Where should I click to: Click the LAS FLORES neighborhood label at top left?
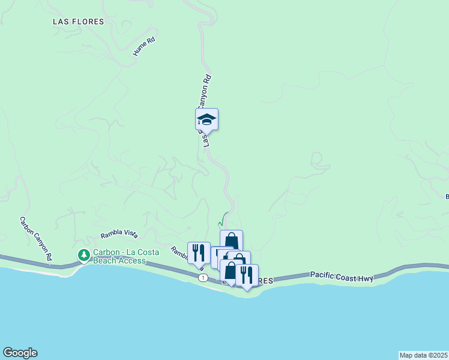[x=78, y=22]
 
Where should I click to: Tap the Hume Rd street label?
[x=144, y=48]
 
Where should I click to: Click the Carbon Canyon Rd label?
[x=37, y=239]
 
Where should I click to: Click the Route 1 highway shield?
[x=204, y=277]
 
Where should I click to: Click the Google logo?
[x=20, y=353]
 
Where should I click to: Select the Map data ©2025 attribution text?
[x=423, y=355]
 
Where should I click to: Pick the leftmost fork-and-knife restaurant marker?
[x=199, y=253]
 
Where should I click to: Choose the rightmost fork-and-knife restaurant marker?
[x=247, y=275]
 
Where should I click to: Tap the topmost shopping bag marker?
[x=231, y=241]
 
